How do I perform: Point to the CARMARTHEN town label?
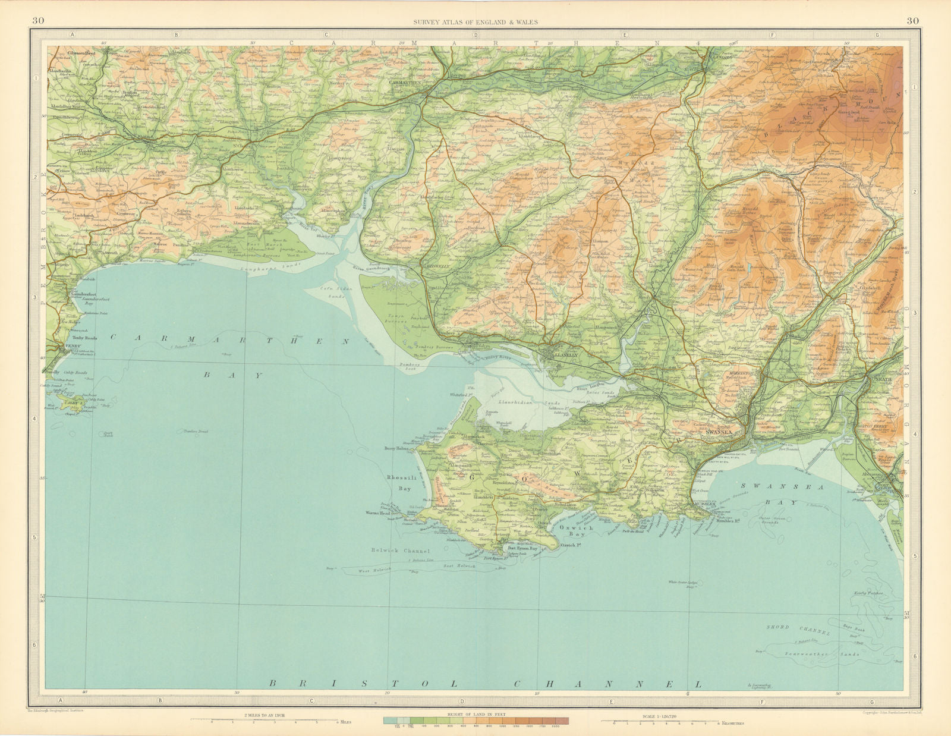405,83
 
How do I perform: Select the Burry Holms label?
398,449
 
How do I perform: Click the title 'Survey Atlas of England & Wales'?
475,22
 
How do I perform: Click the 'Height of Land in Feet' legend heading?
475,713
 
